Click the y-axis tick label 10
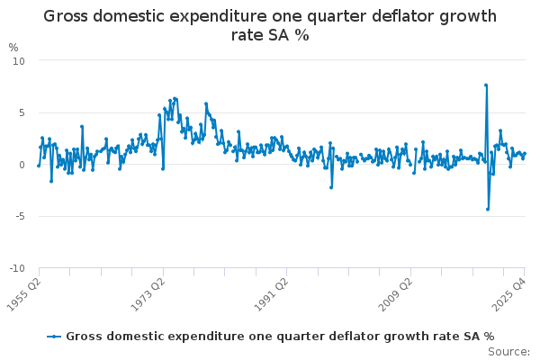click(x=19, y=60)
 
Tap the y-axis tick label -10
click(x=17, y=268)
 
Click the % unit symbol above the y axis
click(x=13, y=47)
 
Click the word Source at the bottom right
click(x=509, y=351)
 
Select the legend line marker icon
click(x=55, y=336)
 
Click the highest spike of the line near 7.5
click(x=486, y=85)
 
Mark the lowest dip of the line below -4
click(x=488, y=209)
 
